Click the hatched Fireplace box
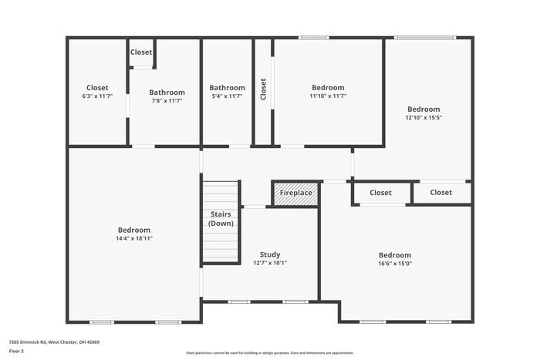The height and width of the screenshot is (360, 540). click(295, 193)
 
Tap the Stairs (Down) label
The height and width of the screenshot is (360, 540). click(221, 219)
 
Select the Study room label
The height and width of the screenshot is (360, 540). click(270, 254)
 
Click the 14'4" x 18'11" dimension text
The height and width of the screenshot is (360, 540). click(134, 239)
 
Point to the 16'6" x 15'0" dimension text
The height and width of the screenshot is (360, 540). click(394, 264)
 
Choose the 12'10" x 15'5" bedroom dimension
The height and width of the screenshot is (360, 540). click(424, 118)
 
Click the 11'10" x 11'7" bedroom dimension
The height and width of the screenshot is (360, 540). click(328, 96)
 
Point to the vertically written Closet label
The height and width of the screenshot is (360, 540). click(263, 89)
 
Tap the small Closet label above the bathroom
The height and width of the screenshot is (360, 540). click(141, 52)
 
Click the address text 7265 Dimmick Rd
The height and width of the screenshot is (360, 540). click(54, 341)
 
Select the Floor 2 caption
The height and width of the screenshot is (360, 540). click(17, 351)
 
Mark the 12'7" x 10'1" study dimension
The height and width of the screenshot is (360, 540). click(270, 263)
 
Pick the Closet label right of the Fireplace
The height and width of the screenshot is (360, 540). click(380, 193)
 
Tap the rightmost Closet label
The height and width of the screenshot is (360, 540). click(440, 193)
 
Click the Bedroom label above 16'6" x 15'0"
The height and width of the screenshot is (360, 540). click(394, 255)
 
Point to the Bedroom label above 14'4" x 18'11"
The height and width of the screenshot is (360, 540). click(134, 230)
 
